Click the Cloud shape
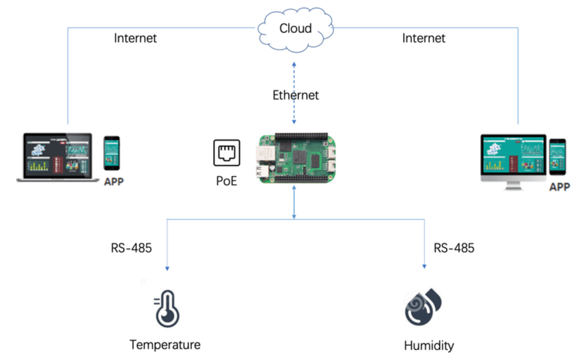point(295,28)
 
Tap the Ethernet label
point(295,95)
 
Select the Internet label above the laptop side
point(135,38)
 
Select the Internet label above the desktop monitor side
point(423,38)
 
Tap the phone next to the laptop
point(112,153)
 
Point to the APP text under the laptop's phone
point(113,183)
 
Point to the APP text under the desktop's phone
point(559,187)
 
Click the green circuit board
point(295,158)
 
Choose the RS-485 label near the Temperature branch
point(131,248)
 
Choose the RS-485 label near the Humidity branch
point(454,248)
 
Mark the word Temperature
point(165,345)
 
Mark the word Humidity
point(429,345)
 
